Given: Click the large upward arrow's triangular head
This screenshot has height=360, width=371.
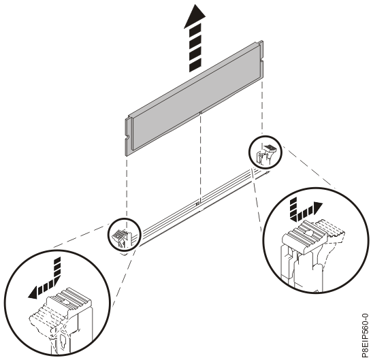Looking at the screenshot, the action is click(x=195, y=16).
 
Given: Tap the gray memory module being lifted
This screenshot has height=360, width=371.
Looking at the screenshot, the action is click(x=194, y=98).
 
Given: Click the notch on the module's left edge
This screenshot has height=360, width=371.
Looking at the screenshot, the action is click(x=127, y=137).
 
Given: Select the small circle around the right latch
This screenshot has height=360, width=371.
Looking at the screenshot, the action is click(x=265, y=152).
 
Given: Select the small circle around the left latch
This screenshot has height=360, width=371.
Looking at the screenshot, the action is click(x=125, y=234).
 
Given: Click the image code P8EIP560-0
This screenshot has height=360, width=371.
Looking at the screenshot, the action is click(x=365, y=336).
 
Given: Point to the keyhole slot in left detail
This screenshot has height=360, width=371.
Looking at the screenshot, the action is click(x=63, y=340).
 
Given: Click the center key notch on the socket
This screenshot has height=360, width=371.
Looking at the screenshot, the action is click(x=198, y=203).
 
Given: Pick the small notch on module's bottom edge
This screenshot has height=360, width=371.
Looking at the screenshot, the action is click(x=200, y=112).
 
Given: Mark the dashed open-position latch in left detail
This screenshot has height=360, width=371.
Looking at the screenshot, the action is click(x=43, y=317).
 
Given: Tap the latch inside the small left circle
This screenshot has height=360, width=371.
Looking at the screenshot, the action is click(x=122, y=238).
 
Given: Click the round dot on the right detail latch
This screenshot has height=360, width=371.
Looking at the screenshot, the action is click(x=308, y=233).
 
